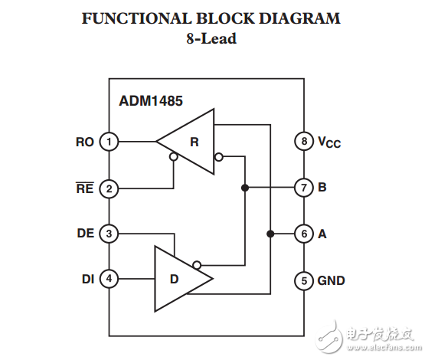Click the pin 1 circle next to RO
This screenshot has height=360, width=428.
(x=109, y=142)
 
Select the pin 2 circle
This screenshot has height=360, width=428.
(x=109, y=188)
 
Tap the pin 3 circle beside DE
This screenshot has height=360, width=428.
(x=109, y=234)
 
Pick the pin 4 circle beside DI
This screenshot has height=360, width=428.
(x=109, y=279)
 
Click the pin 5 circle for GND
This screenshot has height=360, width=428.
(x=303, y=280)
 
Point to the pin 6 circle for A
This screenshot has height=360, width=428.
(x=303, y=234)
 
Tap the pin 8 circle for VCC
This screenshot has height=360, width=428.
(x=303, y=142)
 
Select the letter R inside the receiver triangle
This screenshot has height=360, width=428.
(x=194, y=142)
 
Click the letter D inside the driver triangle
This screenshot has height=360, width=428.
(x=174, y=279)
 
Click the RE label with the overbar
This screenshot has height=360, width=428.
(x=85, y=188)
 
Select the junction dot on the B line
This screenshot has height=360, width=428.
(x=245, y=188)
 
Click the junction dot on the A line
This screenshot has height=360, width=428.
(x=270, y=234)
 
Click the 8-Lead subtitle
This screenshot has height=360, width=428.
(x=211, y=38)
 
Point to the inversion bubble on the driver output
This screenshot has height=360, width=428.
(x=198, y=265)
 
